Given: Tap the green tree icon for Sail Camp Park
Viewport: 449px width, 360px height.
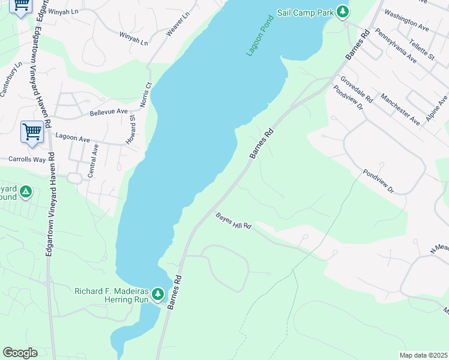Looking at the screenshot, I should (343, 11).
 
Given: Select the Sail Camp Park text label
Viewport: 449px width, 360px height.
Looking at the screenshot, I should (304, 12).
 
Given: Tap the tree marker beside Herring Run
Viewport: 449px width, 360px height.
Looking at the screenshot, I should (157, 294).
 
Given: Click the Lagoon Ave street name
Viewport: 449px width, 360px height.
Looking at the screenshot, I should (73, 138).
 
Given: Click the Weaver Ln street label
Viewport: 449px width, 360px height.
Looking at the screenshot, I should (178, 23).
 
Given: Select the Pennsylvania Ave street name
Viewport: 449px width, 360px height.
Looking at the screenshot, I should (395, 46).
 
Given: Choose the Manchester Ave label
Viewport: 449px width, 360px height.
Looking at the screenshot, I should (400, 109).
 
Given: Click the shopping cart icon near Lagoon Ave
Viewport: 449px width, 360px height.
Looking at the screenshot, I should (32, 132).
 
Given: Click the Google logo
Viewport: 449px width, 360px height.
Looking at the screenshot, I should (20, 353).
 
